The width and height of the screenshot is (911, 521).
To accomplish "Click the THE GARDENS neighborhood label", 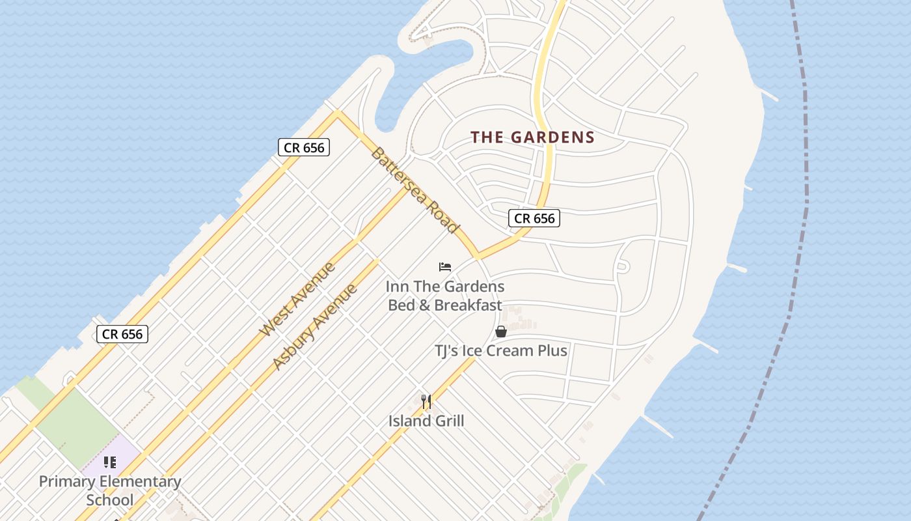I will click(532, 137).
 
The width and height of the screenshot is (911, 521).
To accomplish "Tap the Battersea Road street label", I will click(415, 191).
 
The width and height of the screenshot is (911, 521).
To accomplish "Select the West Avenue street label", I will click(297, 300).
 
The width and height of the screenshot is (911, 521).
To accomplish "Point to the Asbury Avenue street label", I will click(315, 326).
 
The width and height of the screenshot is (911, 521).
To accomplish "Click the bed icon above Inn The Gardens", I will click(445, 267).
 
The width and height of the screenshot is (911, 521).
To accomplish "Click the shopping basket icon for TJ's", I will click(501, 331).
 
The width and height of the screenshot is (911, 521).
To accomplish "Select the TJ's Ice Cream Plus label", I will click(500, 351).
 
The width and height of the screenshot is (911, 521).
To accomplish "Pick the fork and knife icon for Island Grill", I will click(426, 402).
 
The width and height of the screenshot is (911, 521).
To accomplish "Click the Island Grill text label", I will click(426, 421).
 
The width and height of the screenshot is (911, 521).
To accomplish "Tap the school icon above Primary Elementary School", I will click(110, 462).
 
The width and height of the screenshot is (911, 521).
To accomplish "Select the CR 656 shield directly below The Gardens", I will click(534, 219).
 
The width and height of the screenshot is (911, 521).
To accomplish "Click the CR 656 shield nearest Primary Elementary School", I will click(122, 335).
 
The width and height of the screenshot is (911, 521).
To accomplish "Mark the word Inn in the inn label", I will click(397, 287).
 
